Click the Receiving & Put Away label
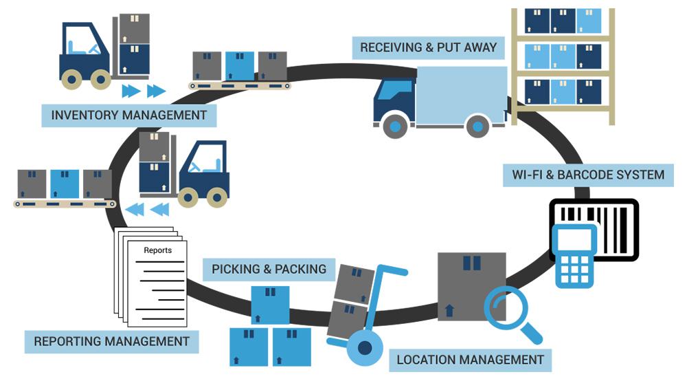coord(428,47)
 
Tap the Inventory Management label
coord(129,116)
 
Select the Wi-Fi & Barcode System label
coord(588,175)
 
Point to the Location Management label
coord(470,360)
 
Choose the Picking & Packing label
coord(269,269)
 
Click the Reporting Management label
coord(112,342)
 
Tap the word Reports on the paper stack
coord(158,250)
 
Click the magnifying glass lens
coord(504,307)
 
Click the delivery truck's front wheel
coord(395,127)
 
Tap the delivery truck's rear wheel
coord(477,127)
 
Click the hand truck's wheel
coord(365,348)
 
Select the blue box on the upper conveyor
coord(240,66)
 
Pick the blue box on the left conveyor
coord(65,184)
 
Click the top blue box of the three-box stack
coord(270,305)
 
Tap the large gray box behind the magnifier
coord(472,286)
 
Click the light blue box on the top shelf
coord(589,21)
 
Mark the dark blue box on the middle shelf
coord(589,56)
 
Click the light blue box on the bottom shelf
coord(563,91)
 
